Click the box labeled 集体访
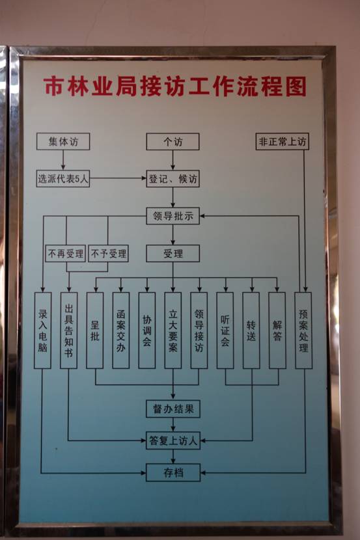pos(63,142)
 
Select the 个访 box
pos(173,142)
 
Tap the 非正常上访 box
pos(282,141)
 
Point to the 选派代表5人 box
pos(63,178)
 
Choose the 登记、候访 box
pos(173,179)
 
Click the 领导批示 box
pos(173,216)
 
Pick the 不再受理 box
pos(66,254)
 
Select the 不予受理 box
pos(108,254)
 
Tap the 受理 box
pos(173,254)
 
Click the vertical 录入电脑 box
pos(43,331)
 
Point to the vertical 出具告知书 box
pos(68,331)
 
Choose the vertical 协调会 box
pos(146,331)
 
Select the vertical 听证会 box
pos(225,331)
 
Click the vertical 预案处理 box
pos(303,331)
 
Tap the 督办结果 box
pos(173,409)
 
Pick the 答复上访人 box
pos(173,440)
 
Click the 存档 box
pos(173,472)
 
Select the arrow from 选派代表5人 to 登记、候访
pos(118,178)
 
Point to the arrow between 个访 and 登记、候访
pos(173,160)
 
